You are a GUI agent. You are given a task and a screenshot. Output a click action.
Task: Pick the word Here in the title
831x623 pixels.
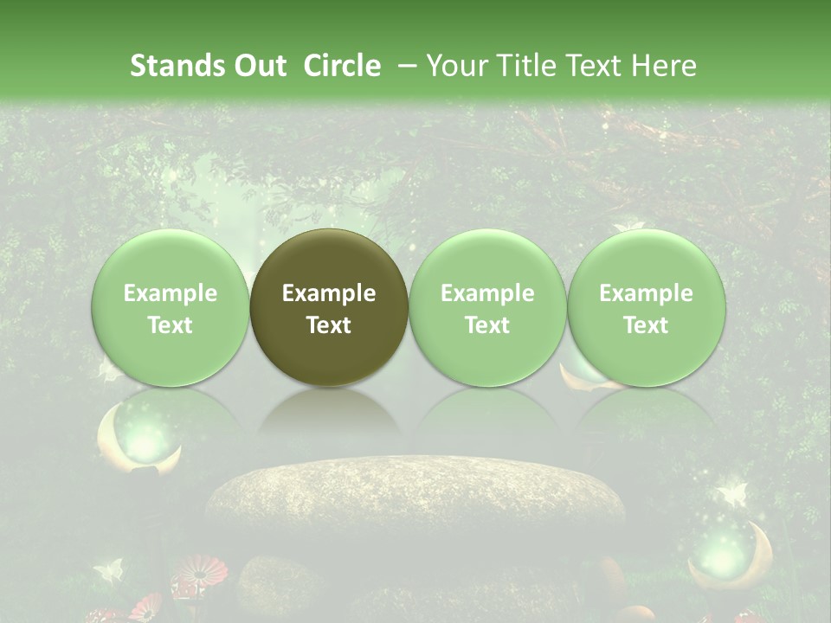(665, 66)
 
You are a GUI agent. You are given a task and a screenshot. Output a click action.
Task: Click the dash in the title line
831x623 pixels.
(403, 66)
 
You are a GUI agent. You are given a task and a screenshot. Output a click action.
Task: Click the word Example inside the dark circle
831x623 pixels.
(329, 293)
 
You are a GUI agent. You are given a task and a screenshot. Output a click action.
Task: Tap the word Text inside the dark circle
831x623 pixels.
(329, 325)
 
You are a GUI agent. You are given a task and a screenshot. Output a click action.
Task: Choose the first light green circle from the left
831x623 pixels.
(170, 307)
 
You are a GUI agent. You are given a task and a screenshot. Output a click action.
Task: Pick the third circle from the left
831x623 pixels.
(487, 307)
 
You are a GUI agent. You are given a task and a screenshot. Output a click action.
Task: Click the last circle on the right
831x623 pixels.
(646, 307)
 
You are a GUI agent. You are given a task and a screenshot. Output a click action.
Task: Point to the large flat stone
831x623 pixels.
(415, 498)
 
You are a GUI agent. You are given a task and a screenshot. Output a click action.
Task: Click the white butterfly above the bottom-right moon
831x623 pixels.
(731, 495)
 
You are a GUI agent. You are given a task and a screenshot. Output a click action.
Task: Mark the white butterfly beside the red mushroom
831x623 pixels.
(109, 570)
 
